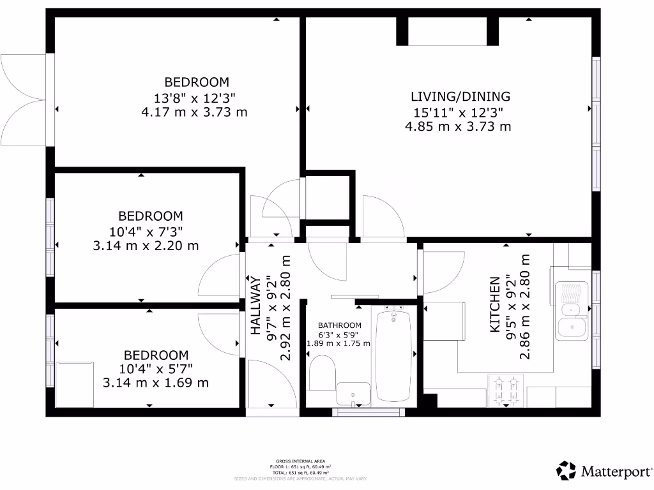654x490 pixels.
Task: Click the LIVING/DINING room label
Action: point(460,97)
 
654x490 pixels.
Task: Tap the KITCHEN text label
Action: point(494,304)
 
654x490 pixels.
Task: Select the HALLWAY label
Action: point(255,306)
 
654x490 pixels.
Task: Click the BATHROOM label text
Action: point(339,325)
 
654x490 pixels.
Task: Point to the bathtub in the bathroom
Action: point(393,355)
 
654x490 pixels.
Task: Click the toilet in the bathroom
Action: point(323,372)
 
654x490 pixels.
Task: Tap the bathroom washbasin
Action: point(353,394)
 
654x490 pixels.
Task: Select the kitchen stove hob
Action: point(505,390)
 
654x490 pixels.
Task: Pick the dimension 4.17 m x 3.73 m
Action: point(194,112)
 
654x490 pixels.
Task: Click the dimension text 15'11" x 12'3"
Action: point(458,112)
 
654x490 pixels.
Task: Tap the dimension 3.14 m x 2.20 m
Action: point(146,245)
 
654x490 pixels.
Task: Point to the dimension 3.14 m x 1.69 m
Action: point(156,383)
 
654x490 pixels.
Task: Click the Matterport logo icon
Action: point(566,471)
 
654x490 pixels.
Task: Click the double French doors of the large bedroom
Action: point(24,99)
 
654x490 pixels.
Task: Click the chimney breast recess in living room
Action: point(447,31)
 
